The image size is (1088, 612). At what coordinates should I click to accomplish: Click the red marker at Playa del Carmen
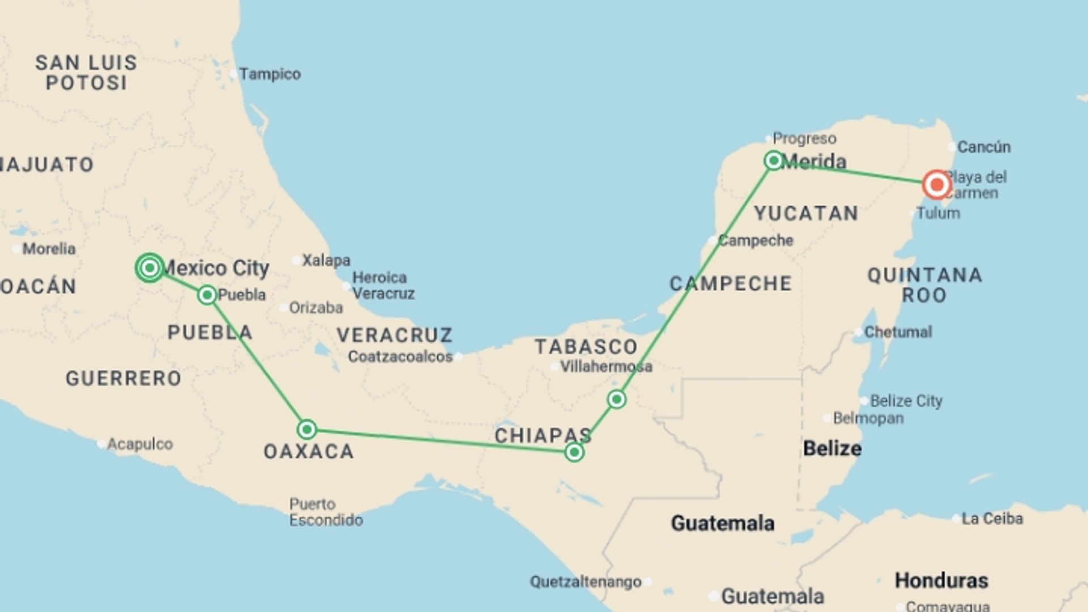click(936, 184)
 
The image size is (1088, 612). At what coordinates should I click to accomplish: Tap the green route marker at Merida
click(773, 160)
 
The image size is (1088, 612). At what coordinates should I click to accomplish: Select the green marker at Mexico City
click(150, 267)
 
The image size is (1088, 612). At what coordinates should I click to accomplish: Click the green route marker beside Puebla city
click(207, 295)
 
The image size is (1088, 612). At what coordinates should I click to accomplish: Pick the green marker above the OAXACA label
click(307, 429)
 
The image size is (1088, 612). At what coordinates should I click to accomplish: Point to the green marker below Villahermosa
click(617, 399)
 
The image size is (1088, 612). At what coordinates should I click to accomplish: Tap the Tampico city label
click(270, 74)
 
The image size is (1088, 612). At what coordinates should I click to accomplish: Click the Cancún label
click(984, 147)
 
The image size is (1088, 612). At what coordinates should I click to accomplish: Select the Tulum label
click(938, 213)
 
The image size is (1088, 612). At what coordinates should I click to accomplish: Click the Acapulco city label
click(140, 444)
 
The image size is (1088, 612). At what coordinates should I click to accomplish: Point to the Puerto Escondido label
click(326, 512)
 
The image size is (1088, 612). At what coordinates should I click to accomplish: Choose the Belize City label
click(906, 401)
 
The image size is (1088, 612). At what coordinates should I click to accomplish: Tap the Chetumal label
click(898, 331)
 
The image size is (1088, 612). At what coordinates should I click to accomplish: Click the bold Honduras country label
click(941, 580)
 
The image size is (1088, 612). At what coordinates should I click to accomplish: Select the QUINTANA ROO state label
click(925, 285)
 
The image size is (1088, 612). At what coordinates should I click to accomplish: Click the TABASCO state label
click(586, 346)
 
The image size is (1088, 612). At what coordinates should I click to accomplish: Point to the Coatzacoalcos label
click(400, 356)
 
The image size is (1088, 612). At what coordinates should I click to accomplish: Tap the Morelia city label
click(49, 248)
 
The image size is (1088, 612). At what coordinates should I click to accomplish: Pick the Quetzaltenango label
click(585, 581)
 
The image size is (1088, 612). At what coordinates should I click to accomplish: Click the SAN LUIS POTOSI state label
click(86, 73)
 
